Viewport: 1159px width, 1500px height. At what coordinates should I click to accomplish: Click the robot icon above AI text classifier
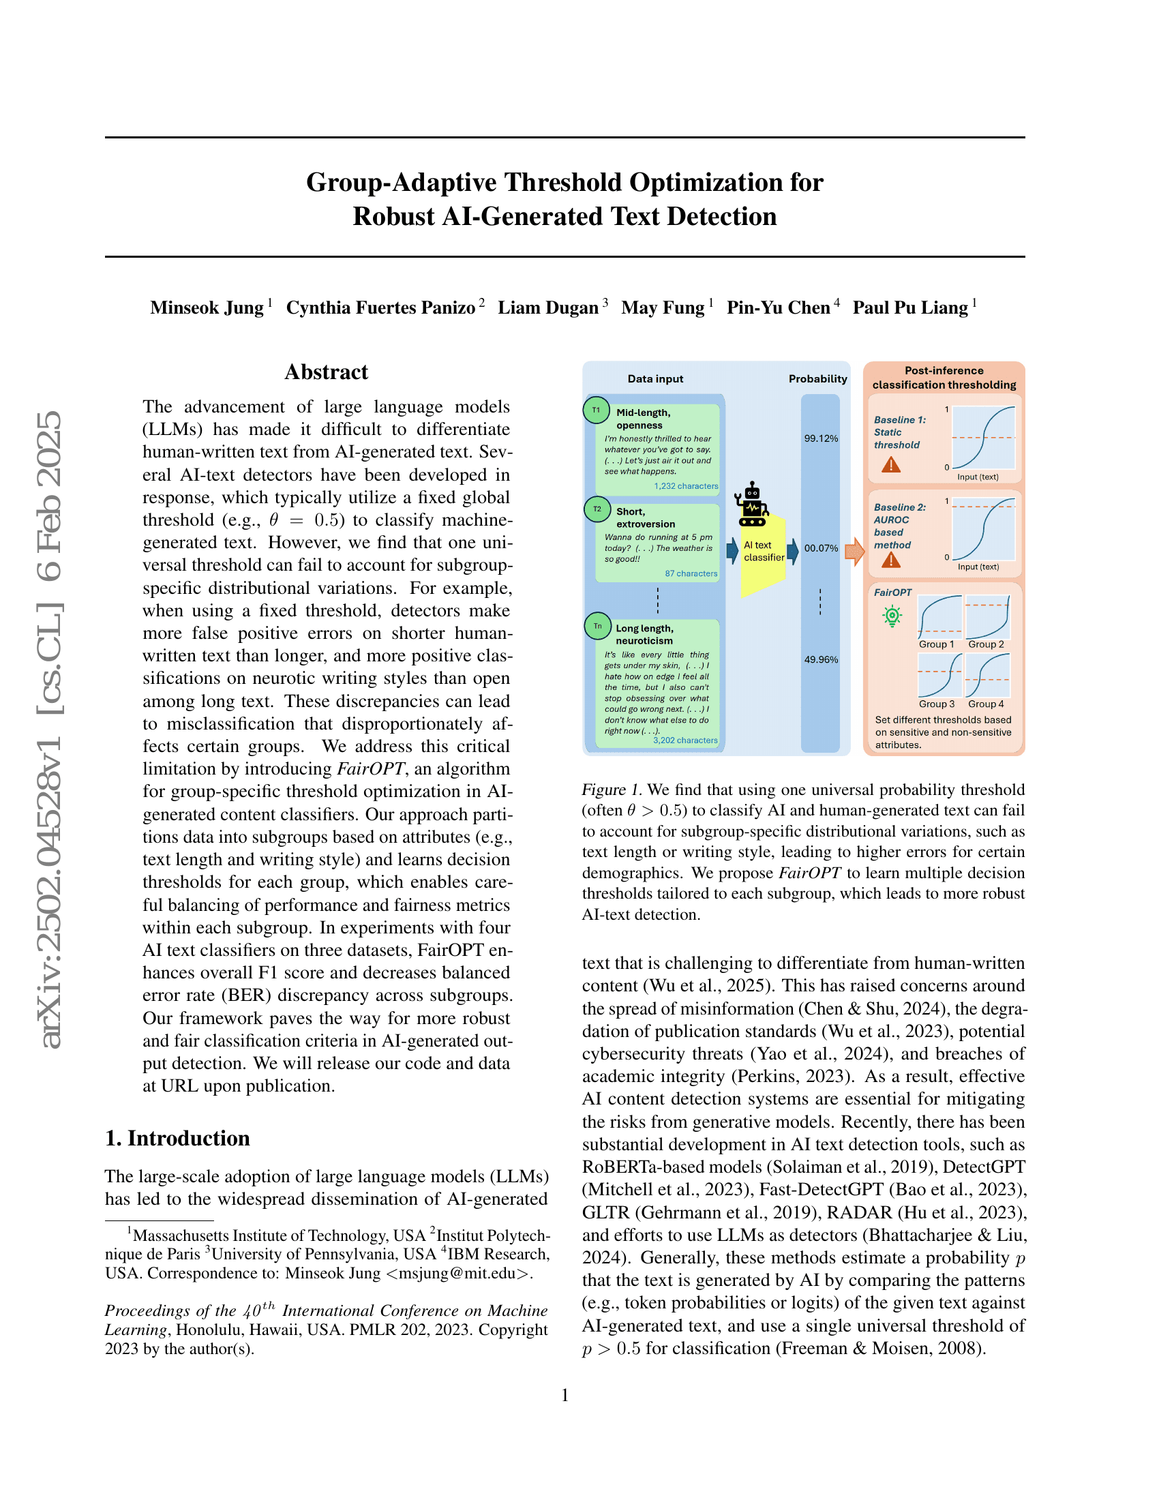752,504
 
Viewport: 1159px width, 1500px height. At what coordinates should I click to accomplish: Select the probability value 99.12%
820,438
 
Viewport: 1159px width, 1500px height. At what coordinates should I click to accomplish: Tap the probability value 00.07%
820,548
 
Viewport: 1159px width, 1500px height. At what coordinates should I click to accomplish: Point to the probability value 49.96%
820,659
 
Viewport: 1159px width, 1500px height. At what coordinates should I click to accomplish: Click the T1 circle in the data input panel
596,410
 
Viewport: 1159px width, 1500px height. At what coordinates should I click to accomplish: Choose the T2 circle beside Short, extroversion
597,509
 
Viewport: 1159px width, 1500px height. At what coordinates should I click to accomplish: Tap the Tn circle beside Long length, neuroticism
597,626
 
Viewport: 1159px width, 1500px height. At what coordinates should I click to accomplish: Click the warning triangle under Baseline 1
890,465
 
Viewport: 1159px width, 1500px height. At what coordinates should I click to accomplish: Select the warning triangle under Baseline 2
890,560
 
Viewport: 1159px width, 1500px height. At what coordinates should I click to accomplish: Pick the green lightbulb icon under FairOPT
892,616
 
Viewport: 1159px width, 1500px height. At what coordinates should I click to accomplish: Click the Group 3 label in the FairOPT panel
937,704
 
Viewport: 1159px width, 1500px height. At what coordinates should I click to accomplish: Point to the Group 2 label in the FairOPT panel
986,644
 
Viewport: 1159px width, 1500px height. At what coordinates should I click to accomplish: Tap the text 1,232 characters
685,486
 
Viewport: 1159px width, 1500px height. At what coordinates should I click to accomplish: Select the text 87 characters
691,573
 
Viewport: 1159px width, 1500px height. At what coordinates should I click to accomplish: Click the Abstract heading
326,372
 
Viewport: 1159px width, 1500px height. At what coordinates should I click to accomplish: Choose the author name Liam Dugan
548,307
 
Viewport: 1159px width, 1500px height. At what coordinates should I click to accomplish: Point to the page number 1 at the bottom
565,1395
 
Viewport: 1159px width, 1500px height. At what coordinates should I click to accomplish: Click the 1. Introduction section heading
177,1138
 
